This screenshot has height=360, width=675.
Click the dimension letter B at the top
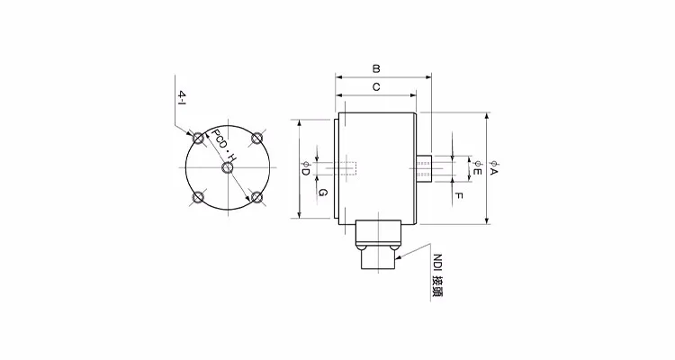click(x=376, y=67)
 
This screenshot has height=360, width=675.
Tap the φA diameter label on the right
click(x=494, y=167)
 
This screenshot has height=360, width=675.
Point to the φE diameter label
click(x=478, y=168)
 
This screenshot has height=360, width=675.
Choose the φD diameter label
click(x=305, y=168)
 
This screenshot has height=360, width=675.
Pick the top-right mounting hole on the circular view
click(x=257, y=138)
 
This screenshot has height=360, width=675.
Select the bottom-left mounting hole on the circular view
click(x=199, y=197)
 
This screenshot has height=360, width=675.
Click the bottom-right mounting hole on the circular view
click(x=257, y=197)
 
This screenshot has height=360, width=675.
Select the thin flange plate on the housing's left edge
click(x=338, y=167)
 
